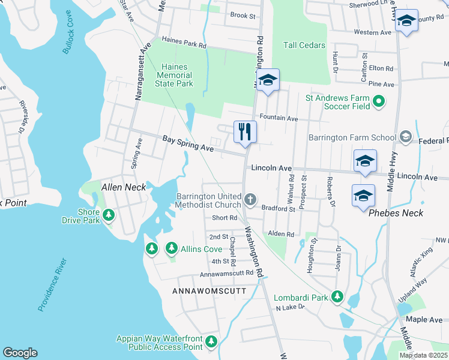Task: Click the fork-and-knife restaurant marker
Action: pos(245,131)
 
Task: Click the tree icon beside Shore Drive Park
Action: pos(109,215)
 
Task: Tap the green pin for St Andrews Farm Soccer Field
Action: pos(379,102)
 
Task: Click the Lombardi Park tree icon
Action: pos(337,296)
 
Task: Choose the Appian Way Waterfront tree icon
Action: pos(211,342)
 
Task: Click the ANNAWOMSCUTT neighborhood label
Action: pos(209,290)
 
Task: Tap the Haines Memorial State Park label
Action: pos(174,75)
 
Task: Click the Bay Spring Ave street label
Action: pos(188,143)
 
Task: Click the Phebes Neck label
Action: pos(396,213)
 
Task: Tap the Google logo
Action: pos(20,353)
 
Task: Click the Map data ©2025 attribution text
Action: pos(423,355)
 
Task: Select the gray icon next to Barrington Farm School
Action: pos(405,137)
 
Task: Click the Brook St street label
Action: pos(243,16)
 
